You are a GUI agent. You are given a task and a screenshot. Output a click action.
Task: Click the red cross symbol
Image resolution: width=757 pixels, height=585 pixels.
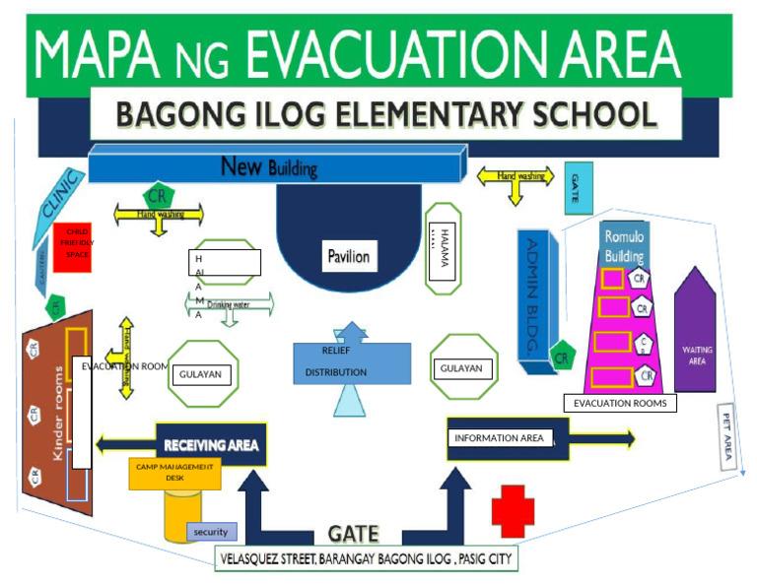pos(513,511)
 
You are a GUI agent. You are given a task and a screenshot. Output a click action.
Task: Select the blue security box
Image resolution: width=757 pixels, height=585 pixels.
pos(211,532)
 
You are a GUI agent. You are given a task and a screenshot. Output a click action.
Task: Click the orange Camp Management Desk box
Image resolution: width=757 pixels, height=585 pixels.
pos(174,473)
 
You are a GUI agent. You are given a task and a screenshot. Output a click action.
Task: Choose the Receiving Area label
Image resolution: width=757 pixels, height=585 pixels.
pos(211,445)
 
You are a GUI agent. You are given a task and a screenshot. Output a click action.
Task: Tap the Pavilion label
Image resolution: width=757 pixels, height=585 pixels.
pos(348,257)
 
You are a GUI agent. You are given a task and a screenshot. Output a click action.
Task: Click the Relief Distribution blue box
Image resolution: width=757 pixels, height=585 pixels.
pos(351,362)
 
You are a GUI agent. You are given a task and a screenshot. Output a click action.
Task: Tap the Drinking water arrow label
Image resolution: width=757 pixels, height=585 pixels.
pos(228,305)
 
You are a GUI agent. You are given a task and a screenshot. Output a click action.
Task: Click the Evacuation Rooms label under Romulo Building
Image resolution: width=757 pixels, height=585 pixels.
pos(620,403)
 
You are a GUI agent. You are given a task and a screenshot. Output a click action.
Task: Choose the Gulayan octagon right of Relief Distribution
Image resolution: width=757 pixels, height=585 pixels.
pos(462,367)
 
